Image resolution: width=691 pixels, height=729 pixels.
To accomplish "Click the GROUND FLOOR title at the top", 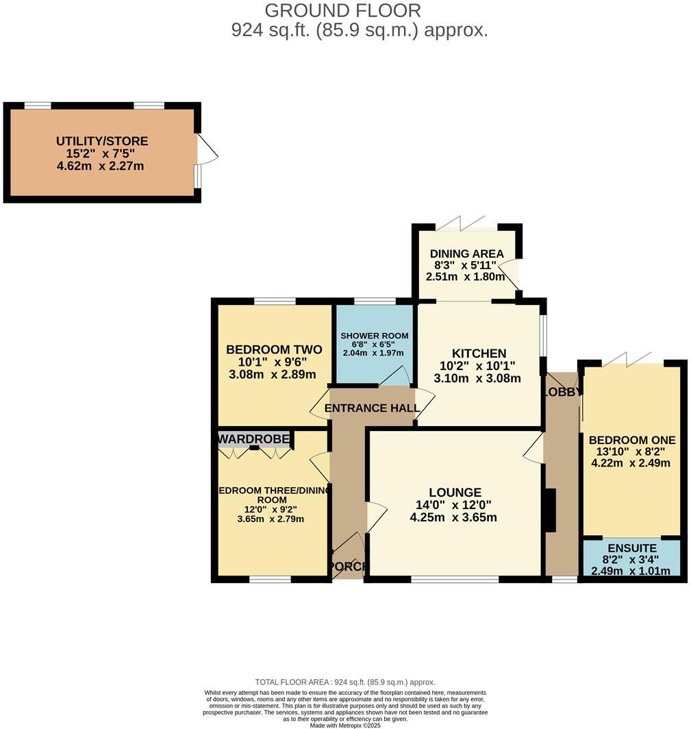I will (342, 11).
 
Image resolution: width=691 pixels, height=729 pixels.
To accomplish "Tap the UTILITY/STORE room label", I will (102, 142).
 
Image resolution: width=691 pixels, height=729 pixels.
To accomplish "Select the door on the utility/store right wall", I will (206, 148).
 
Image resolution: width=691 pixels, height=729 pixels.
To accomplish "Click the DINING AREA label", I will (466, 254).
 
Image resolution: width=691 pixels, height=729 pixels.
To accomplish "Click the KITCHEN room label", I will (477, 354).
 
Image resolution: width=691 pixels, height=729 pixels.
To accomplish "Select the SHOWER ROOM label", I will (374, 336).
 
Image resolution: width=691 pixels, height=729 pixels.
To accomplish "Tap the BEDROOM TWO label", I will (274, 349).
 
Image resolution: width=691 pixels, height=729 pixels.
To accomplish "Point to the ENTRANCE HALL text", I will (372, 408).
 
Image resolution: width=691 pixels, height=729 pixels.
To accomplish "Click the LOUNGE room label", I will (455, 492).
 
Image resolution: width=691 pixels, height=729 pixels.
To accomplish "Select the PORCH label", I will (349, 567).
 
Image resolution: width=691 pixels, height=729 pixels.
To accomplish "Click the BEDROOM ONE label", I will (632, 440).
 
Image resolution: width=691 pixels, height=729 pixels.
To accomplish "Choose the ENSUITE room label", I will (632, 548).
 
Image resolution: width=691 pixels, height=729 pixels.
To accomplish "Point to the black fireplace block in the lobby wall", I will (549, 510).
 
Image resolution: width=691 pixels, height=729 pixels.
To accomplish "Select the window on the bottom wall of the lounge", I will (455, 579).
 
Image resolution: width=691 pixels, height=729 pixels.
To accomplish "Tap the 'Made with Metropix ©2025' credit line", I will (345, 725).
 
